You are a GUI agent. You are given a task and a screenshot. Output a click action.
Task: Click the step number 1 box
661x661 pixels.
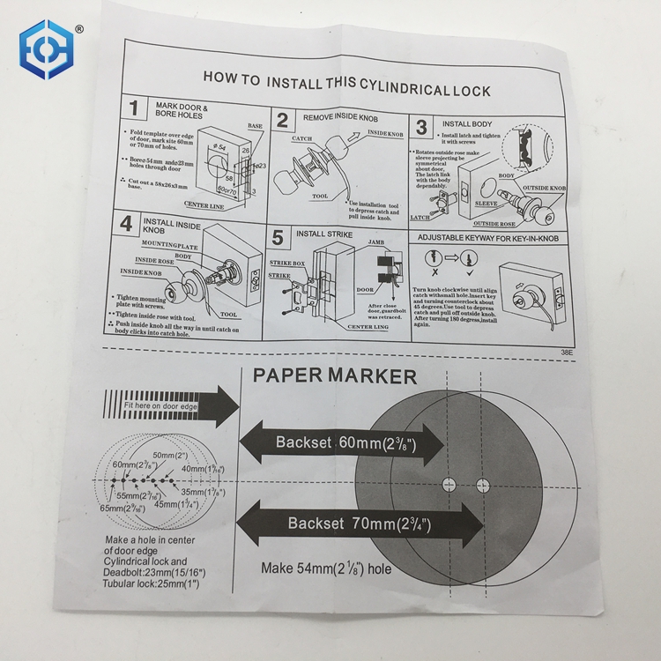[x=133, y=109]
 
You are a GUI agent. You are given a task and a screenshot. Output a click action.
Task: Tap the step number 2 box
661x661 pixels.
[x=283, y=122]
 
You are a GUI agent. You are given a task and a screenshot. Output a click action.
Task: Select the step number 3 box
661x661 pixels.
[x=421, y=127]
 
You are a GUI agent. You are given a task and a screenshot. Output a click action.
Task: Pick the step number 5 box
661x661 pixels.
[x=279, y=238]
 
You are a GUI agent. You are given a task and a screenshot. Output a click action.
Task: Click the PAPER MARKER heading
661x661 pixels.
[x=335, y=376]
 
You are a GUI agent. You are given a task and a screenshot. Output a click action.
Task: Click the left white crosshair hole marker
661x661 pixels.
[x=448, y=484]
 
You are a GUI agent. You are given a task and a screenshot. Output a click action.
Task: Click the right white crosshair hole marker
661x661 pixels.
[x=481, y=484]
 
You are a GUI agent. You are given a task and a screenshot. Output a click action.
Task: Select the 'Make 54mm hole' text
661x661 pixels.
[x=325, y=568]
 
